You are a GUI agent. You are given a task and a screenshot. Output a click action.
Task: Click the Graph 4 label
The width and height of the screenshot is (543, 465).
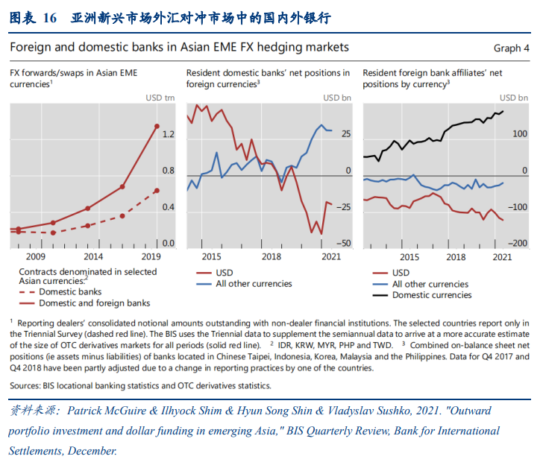pos(511,48)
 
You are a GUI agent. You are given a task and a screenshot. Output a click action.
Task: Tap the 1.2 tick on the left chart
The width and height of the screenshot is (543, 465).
pos(168,135)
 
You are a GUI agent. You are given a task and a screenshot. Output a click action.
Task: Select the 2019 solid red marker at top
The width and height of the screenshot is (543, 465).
pos(157,127)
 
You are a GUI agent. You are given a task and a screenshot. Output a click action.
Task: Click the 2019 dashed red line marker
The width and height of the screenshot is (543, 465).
pos(157,191)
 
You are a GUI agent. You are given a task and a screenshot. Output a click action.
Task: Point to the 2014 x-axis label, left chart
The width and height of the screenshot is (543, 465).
pos(93,256)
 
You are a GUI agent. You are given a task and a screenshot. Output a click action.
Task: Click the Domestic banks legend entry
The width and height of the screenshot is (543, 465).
pos(71,292)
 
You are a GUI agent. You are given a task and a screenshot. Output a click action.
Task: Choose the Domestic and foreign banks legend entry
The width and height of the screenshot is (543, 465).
pos(95,303)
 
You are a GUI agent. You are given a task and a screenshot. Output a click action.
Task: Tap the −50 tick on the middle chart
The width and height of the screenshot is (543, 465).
pos(343,244)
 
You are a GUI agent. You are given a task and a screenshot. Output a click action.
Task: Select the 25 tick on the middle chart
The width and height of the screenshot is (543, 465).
pos(346,135)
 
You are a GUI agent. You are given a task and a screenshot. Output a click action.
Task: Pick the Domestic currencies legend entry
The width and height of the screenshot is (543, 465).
pos(432,294)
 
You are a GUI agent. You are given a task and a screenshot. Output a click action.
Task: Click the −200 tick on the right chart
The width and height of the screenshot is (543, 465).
pos(517,244)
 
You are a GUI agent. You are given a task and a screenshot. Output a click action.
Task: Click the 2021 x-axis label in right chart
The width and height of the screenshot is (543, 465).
pos(502,256)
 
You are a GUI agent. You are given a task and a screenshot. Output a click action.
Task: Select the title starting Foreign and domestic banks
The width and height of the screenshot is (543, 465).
pos(179,47)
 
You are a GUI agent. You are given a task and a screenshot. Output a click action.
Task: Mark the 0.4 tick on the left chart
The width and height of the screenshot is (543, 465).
pos(168,207)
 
